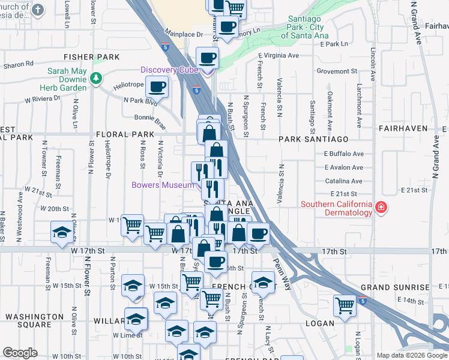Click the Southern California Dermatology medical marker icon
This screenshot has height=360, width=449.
coord(380,208)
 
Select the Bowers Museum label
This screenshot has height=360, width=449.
coord(163,185)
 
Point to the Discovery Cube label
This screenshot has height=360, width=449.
coord(170,70)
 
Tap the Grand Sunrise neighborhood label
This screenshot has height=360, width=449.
coord(395,287)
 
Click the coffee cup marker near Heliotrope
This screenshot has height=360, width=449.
coord(157,86)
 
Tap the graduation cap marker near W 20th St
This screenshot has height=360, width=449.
coord(61,232)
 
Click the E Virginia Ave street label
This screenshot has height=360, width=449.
coord(278,56)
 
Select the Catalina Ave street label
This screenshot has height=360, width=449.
coord(344,181)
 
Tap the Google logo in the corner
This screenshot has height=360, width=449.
coord(20,353)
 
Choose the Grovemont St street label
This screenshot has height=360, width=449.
coord(337,71)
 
